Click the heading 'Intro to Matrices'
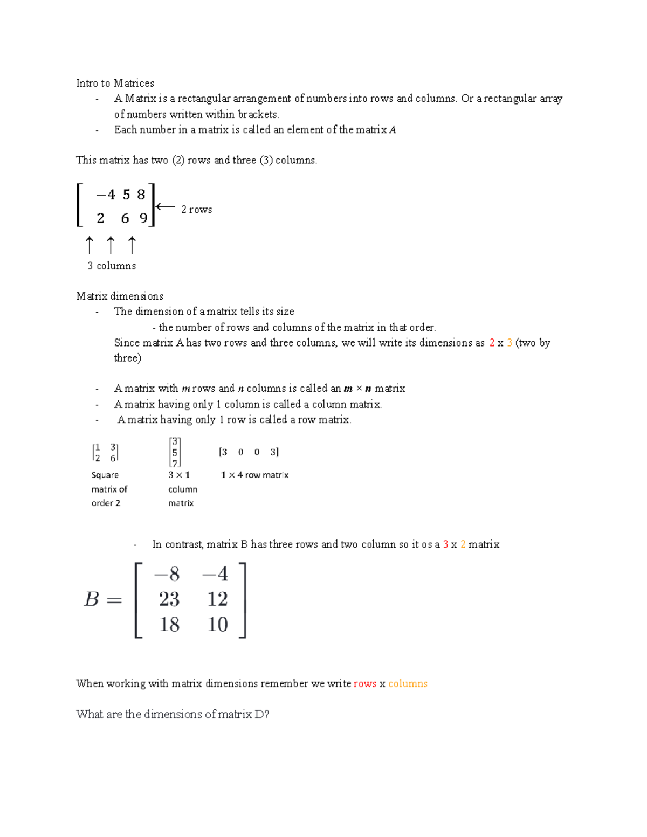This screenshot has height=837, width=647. tap(115, 83)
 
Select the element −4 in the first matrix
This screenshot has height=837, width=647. tap(106, 195)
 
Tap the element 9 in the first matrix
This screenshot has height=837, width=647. tap(143, 218)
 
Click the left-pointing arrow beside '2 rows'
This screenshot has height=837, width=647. tap(166, 206)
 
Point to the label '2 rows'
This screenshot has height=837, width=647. tap(196, 210)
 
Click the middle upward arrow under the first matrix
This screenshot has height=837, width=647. tap(111, 245)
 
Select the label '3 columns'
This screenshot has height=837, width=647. tap(112, 266)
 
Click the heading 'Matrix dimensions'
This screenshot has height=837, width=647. tap(120, 296)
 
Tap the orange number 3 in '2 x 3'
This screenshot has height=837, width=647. tap(510, 343)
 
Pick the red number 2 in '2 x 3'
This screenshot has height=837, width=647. tap(492, 343)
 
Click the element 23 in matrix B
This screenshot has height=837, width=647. tap(169, 599)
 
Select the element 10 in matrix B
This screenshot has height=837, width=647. tap(218, 624)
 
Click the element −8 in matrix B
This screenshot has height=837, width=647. tap(167, 574)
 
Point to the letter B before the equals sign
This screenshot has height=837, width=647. tap(92, 599)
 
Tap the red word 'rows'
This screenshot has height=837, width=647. tap(365, 683)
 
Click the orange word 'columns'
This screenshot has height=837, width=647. tap(408, 683)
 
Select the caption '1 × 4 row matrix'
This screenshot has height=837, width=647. tap(254, 475)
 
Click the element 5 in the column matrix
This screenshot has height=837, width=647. tap(175, 453)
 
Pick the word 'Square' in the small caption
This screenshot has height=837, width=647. tap(105, 475)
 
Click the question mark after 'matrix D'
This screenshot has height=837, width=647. tap(266, 714)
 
